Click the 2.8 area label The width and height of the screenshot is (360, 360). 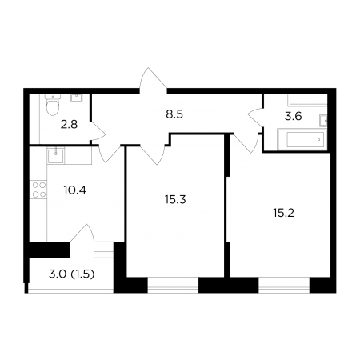(69, 125)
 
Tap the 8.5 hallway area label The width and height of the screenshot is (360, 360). (174, 114)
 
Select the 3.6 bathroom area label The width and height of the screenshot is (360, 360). (293, 117)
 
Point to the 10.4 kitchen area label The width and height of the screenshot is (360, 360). (75, 190)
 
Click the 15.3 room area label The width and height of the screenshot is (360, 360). (175, 199)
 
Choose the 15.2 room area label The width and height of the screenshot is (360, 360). (283, 213)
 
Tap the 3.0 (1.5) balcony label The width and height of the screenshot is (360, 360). (72, 274)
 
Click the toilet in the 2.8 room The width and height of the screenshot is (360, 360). (53, 105)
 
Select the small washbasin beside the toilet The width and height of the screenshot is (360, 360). (77, 98)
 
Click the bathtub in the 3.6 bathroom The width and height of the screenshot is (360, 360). (302, 139)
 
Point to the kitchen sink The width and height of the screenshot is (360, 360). (56, 156)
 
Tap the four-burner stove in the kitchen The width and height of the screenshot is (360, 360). (39, 190)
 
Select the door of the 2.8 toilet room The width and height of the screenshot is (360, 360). (98, 130)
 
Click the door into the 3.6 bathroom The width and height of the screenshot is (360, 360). (255, 117)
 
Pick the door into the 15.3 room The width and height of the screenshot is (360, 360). (153, 154)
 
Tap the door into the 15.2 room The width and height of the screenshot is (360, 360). (246, 143)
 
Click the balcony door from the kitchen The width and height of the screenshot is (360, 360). (82, 233)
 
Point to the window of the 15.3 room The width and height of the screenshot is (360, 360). (173, 285)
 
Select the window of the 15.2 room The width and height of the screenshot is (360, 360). (284, 285)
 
